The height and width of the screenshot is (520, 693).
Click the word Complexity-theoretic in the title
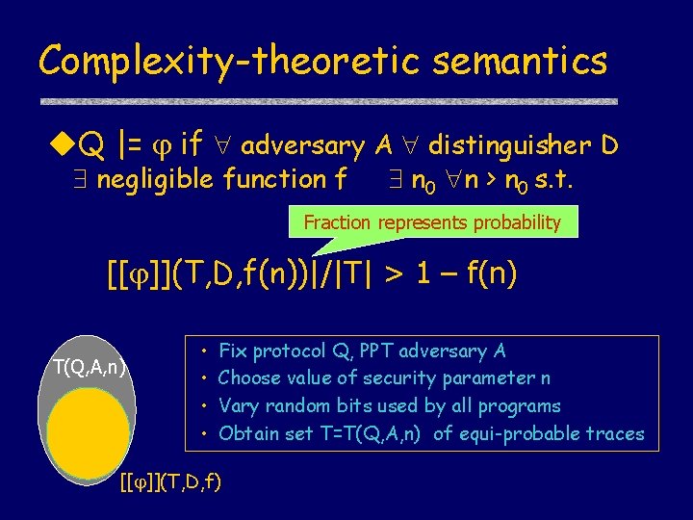pos(229,61)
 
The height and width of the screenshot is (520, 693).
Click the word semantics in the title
pos(520,61)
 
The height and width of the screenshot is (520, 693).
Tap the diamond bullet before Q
pos(63,146)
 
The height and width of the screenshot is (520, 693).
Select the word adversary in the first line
pos(302,146)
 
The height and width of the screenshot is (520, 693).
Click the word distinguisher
pos(509,146)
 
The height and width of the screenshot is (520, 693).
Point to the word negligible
pos(157,179)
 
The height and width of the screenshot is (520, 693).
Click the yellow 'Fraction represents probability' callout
pos(432,222)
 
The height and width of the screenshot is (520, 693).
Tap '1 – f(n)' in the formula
pos(466,275)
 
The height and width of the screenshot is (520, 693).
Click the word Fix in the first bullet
pos(233,351)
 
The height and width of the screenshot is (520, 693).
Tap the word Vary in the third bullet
pos(237,405)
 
